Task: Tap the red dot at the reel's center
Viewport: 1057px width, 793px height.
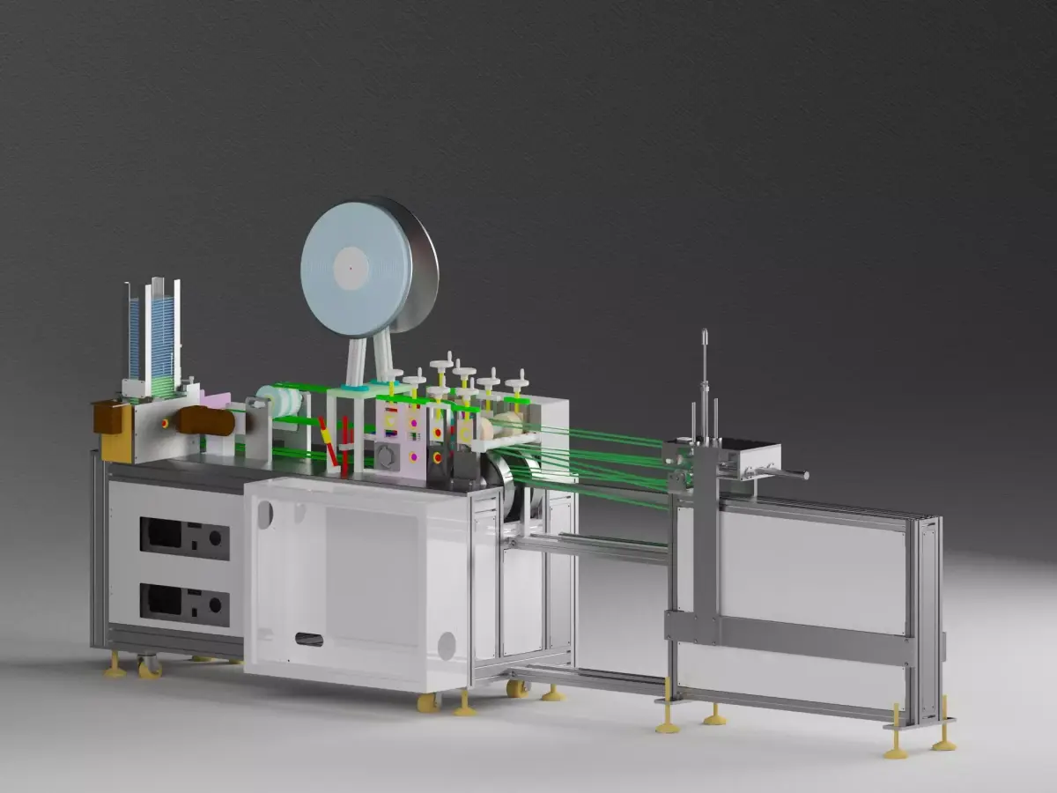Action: (x=350, y=262)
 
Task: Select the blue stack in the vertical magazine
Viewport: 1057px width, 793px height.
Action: (x=162, y=335)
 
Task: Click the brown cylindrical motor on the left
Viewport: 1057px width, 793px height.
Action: (x=205, y=421)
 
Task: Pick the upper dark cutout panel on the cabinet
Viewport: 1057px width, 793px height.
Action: (x=184, y=538)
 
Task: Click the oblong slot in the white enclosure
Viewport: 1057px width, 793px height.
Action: (x=308, y=639)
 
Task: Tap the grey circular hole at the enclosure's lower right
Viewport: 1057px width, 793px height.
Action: (x=447, y=646)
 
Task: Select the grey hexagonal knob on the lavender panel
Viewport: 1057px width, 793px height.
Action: (x=386, y=455)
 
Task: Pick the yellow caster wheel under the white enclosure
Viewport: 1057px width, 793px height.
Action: (x=429, y=702)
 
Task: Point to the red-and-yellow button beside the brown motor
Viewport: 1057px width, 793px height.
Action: (x=165, y=424)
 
